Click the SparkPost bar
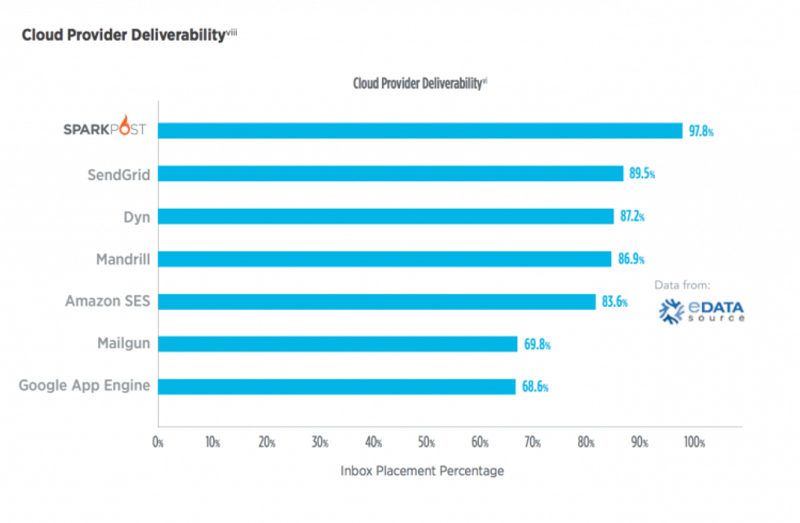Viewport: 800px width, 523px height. [x=420, y=131]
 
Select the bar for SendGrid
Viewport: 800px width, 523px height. [x=391, y=174]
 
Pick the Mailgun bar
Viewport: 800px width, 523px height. [x=338, y=344]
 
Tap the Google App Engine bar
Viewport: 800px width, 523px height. [x=337, y=387]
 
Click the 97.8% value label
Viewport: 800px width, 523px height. [x=701, y=131]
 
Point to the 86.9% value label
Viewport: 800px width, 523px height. [x=631, y=259]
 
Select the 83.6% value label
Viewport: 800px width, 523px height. [x=614, y=302]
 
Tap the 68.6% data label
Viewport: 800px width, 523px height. [x=535, y=387]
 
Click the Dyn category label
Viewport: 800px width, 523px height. [x=137, y=217]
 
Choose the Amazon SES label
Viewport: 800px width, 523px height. [x=107, y=301]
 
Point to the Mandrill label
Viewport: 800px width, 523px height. [x=123, y=259]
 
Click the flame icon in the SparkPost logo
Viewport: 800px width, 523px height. [x=124, y=125]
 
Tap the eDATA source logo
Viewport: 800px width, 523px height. [x=701, y=312]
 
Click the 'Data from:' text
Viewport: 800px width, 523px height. [x=682, y=285]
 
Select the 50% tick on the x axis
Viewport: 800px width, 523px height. [x=426, y=442]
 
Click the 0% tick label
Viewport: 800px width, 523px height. [x=157, y=442]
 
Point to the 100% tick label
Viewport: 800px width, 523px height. [x=694, y=442]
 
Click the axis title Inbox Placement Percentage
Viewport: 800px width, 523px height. [x=422, y=471]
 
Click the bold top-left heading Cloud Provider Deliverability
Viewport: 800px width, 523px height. [x=124, y=35]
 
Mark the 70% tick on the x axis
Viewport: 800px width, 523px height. [x=532, y=442]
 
